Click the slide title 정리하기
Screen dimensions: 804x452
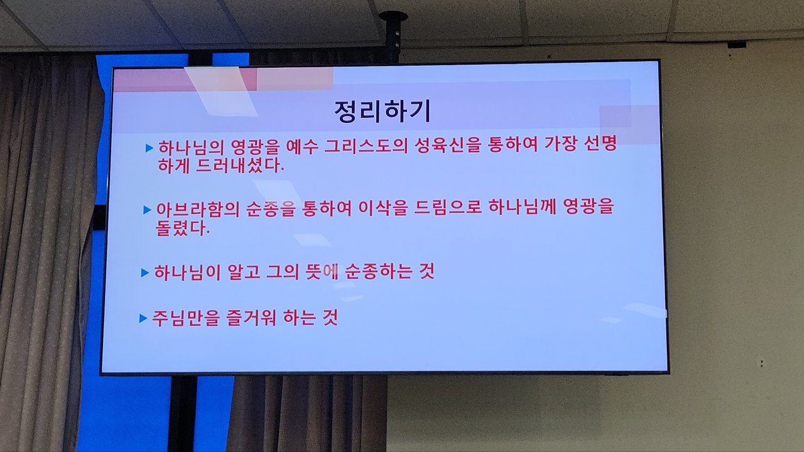coord(383,112)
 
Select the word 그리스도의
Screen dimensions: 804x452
coord(366,145)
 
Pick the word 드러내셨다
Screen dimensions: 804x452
coord(240,166)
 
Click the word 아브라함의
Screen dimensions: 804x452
coord(198,209)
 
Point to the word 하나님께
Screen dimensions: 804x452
coord(523,207)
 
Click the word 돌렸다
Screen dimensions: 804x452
coord(182,228)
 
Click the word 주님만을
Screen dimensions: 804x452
coord(185,318)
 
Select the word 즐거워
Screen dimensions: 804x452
coord(251,318)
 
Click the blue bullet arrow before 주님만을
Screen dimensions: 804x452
coord(143,318)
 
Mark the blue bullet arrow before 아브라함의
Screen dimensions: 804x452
coord(147,210)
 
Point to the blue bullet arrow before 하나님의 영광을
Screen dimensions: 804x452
coord(149,148)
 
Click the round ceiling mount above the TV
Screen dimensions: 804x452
coord(393,16)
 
